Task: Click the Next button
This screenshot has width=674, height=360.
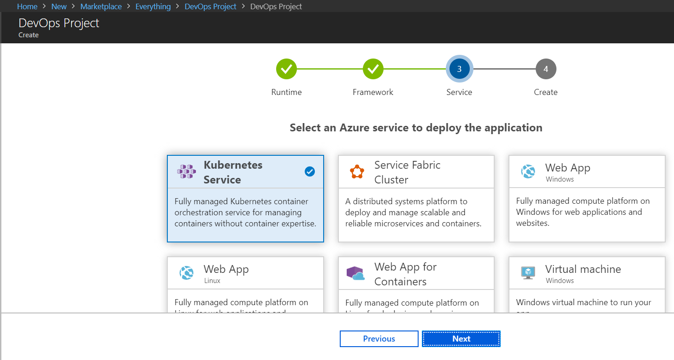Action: point(461,339)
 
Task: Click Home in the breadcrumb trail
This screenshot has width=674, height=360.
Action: point(27,6)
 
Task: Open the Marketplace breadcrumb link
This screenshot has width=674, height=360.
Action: point(101,6)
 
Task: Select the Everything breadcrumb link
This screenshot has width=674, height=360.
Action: point(153,6)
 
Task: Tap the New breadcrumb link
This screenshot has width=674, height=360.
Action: point(59,6)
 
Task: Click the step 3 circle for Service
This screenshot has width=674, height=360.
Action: point(459,69)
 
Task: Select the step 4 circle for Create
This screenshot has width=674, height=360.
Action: point(546,69)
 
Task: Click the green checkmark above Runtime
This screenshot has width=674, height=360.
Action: point(286,69)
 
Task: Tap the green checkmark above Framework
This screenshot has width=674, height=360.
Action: point(373,69)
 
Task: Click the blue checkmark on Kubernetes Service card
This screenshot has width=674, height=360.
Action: point(310,171)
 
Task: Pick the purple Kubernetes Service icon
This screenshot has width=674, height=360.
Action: point(186,172)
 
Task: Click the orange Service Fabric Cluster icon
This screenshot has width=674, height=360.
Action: point(357,172)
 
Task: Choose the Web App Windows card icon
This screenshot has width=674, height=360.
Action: point(528,172)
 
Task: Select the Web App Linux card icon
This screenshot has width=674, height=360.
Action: point(187,273)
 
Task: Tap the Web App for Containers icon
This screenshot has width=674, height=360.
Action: point(355,274)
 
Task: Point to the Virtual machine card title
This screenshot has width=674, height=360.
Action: point(583,269)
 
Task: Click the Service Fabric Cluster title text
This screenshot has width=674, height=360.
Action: point(407,172)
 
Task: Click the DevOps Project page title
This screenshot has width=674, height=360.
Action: point(59,23)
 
